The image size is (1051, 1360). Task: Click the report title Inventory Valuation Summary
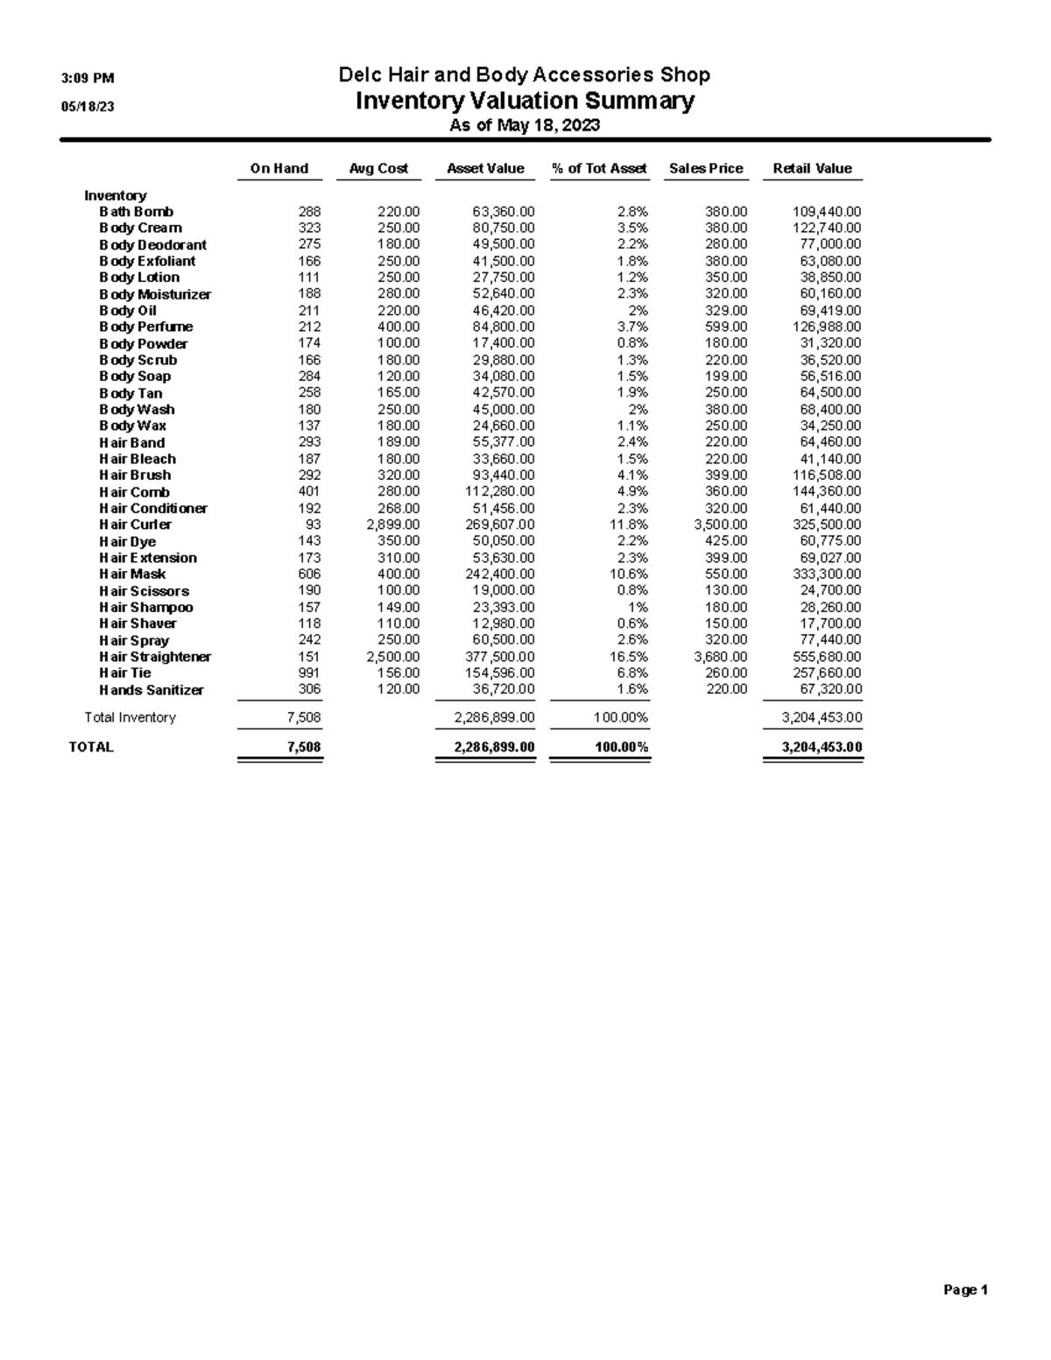(524, 101)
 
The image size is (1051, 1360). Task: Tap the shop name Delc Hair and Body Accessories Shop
(524, 75)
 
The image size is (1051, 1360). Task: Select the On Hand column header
(279, 169)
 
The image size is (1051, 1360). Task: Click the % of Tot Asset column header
(599, 169)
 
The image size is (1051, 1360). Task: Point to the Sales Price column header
(706, 169)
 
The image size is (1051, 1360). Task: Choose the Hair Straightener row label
(155, 657)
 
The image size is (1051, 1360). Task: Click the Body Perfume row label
(145, 327)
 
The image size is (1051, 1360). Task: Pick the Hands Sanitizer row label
(151, 690)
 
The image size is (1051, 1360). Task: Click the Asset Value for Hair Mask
(499, 574)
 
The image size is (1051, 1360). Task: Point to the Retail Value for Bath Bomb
(826, 212)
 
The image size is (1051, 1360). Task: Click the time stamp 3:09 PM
(88, 79)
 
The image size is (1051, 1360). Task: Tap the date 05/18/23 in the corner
(88, 107)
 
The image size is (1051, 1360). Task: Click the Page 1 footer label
(965, 1290)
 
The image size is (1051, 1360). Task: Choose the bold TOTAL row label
(91, 747)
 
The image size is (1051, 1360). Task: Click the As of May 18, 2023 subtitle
(524, 125)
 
